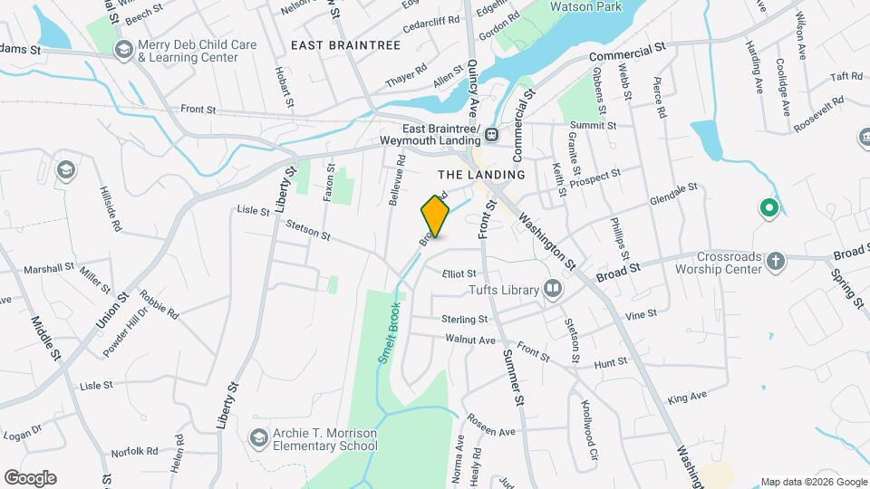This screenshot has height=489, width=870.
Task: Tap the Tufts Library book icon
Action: [552, 290]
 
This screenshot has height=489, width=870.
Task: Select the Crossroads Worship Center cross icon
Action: [775, 263]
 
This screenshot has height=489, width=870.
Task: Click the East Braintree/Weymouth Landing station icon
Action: [491, 136]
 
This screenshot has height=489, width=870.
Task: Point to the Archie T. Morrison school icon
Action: [259, 438]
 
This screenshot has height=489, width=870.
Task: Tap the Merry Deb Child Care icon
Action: [121, 51]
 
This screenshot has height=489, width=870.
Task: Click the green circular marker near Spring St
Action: [769, 210]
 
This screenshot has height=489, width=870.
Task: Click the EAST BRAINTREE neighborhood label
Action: [345, 43]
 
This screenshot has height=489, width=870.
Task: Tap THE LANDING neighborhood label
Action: [481, 174]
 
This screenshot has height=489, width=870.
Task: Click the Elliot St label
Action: [459, 273]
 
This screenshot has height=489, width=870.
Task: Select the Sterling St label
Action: [464, 320]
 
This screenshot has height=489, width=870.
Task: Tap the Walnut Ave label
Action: [470, 340]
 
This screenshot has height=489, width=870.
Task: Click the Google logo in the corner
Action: [30, 478]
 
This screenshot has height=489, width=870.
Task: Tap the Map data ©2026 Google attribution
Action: [813, 482]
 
